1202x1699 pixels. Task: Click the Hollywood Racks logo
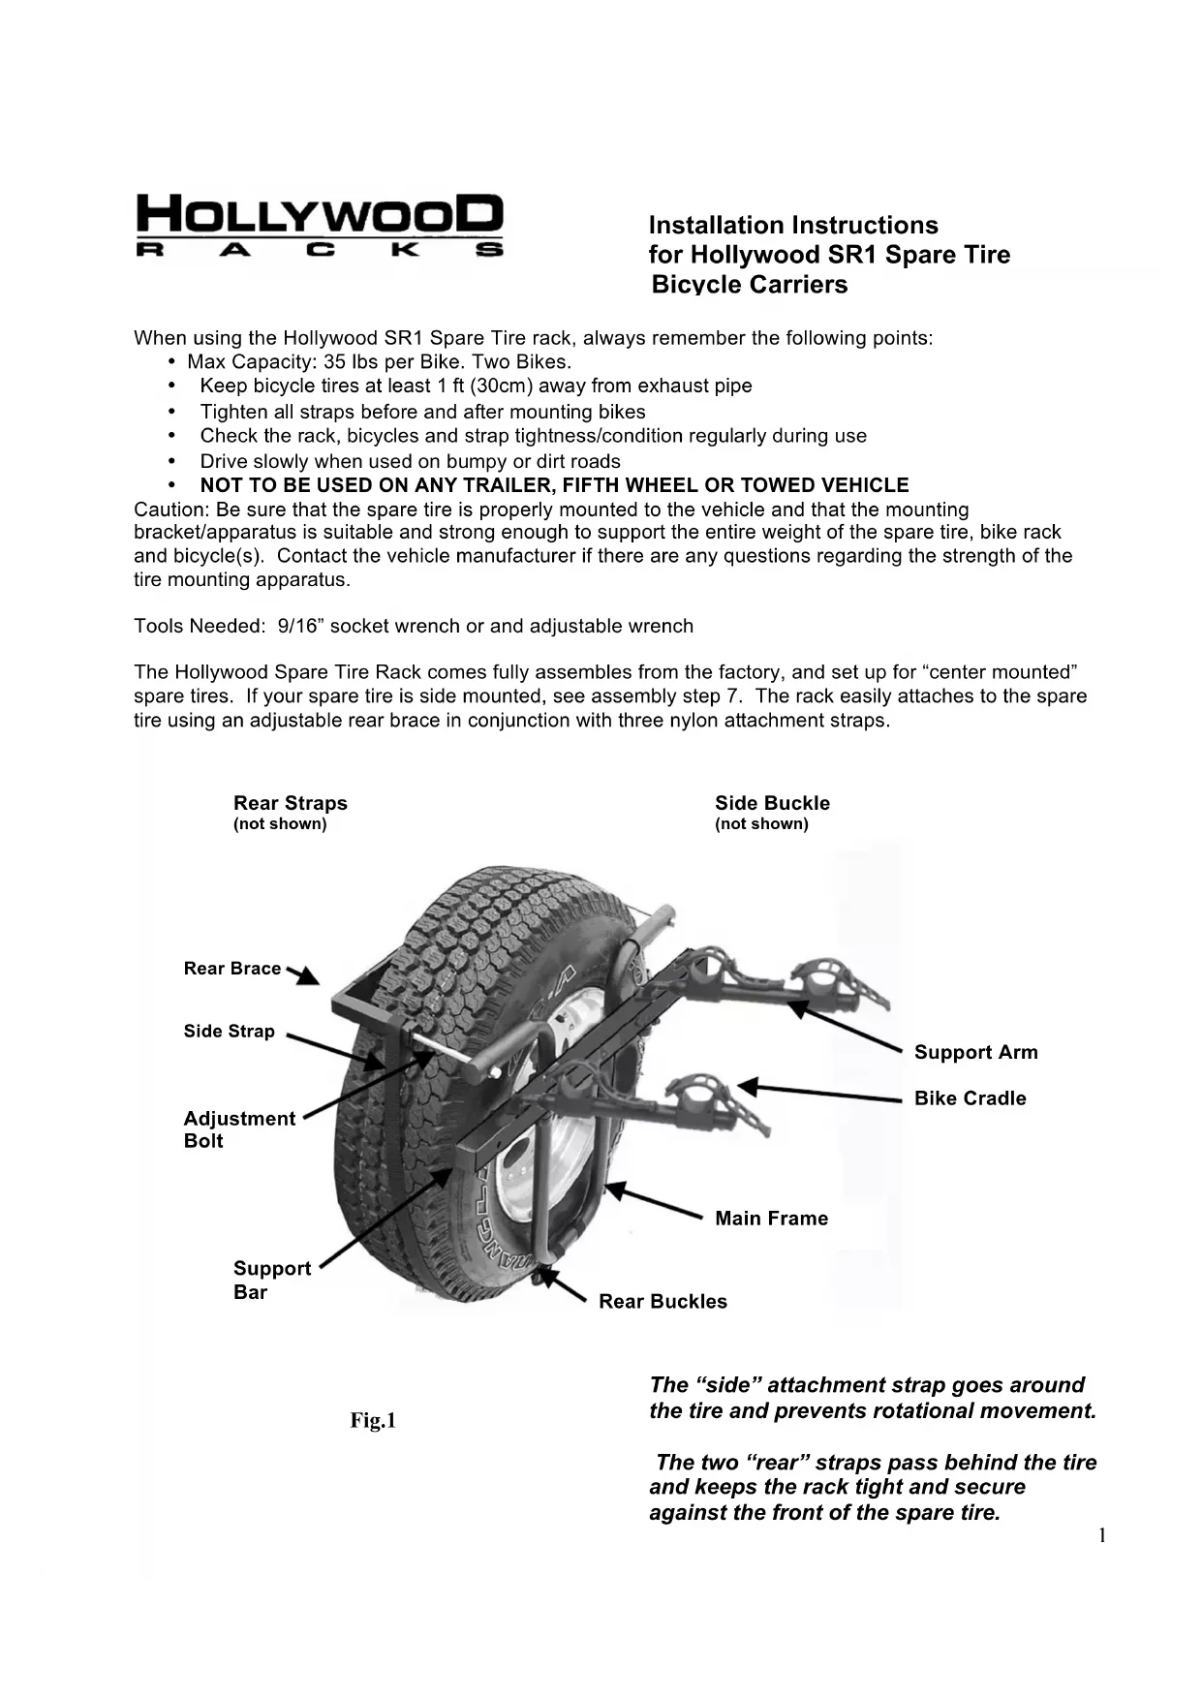pyautogui.click(x=320, y=226)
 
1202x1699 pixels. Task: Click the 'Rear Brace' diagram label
pyautogui.click(x=232, y=969)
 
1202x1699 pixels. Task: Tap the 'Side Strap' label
pyautogui.click(x=230, y=1032)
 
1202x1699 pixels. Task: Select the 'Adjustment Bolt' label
pyautogui.click(x=239, y=1129)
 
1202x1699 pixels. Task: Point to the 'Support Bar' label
pyautogui.click(x=272, y=1280)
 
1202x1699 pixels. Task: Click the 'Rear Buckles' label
pyautogui.click(x=663, y=1302)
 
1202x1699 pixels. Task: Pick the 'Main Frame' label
pyautogui.click(x=771, y=1219)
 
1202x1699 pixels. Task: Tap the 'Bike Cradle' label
pyautogui.click(x=970, y=1098)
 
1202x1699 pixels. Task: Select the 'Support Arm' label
pyautogui.click(x=975, y=1053)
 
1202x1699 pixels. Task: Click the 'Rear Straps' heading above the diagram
pyautogui.click(x=290, y=803)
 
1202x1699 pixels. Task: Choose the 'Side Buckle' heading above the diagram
pyautogui.click(x=772, y=803)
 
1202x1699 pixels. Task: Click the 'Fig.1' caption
pyautogui.click(x=373, y=1421)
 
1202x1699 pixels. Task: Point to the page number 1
pyautogui.click(x=1101, y=1535)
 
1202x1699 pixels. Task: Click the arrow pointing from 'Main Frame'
pyautogui.click(x=654, y=1200)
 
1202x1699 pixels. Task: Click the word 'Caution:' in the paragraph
pyautogui.click(x=170, y=510)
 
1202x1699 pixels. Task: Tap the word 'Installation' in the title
pyautogui.click(x=716, y=226)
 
